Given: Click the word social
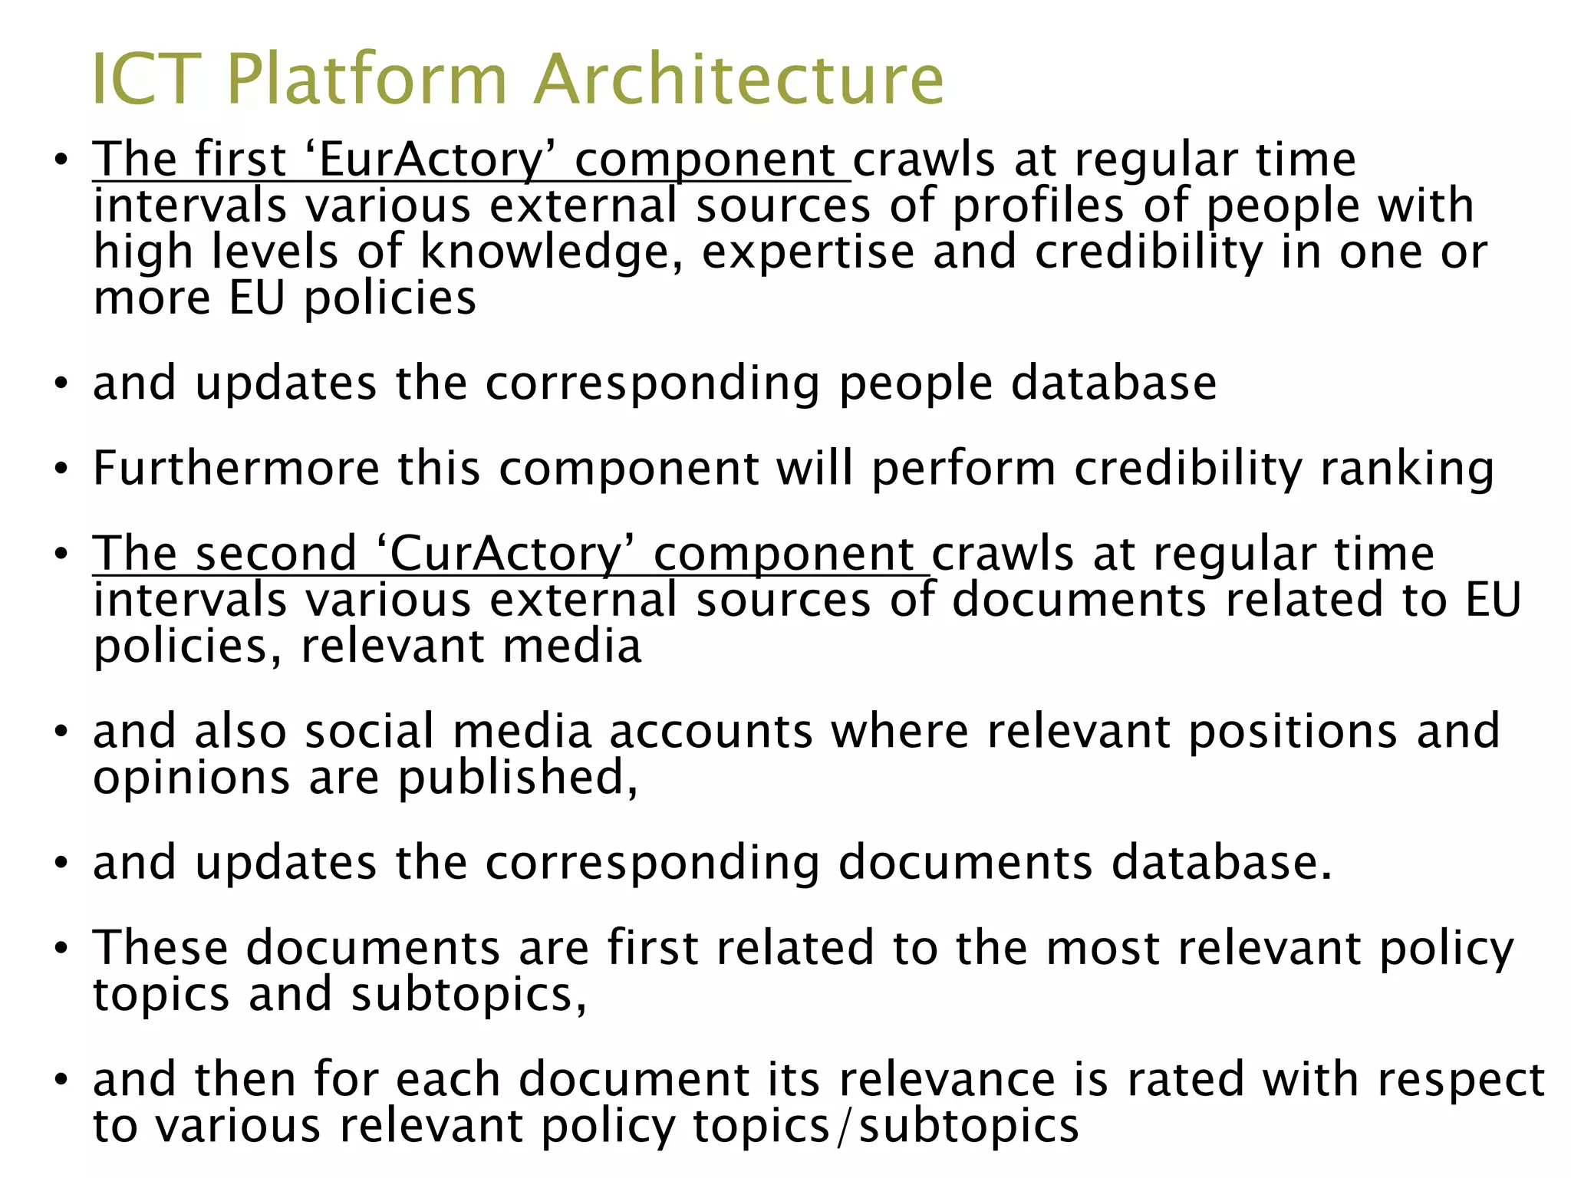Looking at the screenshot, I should point(370,730).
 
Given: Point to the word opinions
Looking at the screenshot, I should point(191,778).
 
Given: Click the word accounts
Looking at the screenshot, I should point(711,730).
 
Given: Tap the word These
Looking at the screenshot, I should point(160,947).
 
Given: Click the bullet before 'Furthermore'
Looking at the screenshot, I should point(61,469).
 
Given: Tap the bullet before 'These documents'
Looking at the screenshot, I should point(61,948).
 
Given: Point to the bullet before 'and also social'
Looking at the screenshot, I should point(61,731).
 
